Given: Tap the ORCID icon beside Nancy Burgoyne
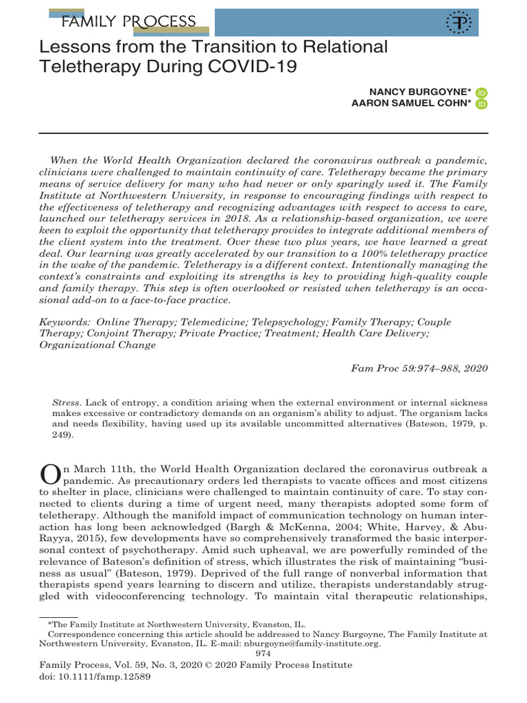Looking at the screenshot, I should coord(481,92).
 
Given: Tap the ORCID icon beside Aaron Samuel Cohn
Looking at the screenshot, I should coord(481,104).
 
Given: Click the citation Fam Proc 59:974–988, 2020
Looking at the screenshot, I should coord(419,368).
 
